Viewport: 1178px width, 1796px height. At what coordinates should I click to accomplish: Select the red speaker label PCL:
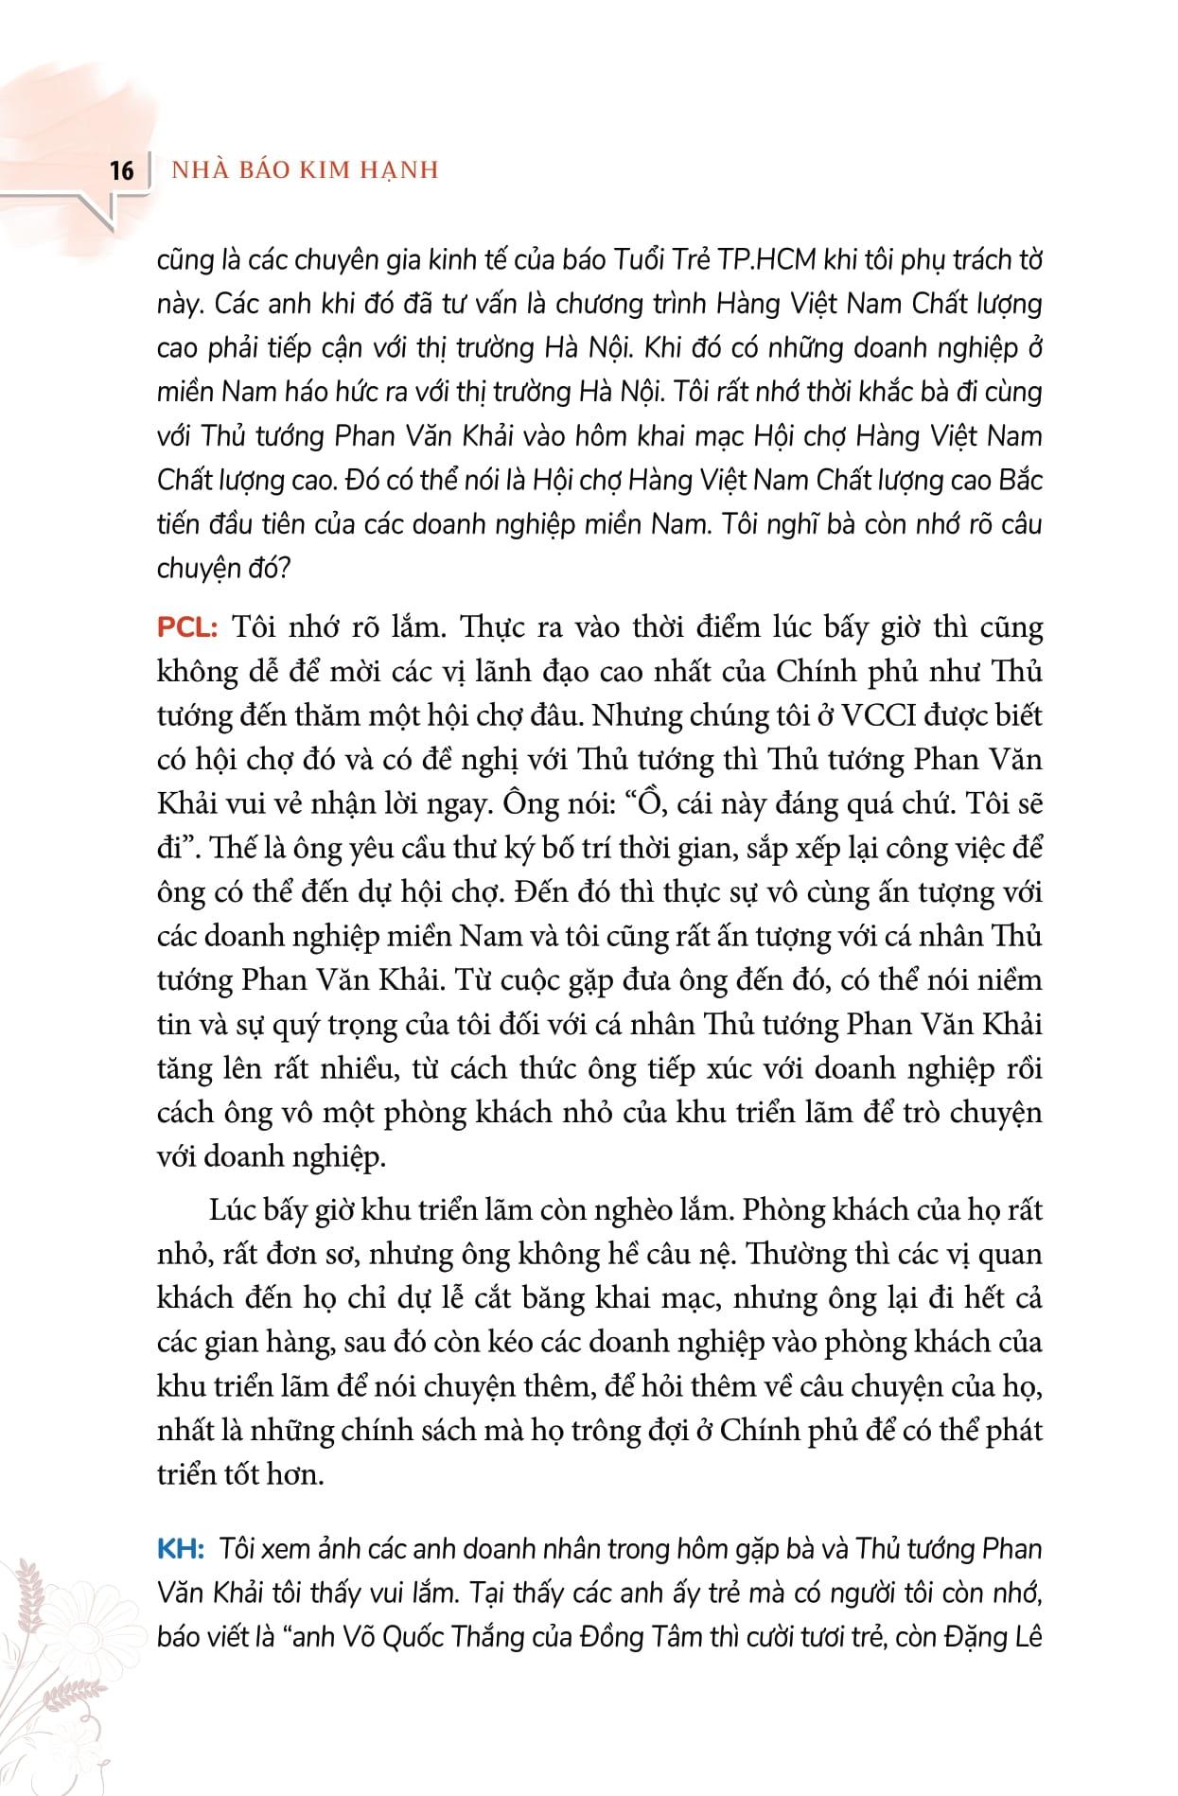187,627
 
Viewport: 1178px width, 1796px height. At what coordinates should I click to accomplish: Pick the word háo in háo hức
301,392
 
